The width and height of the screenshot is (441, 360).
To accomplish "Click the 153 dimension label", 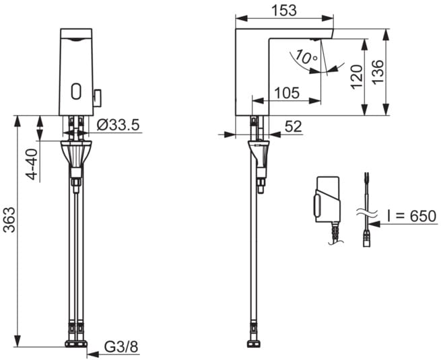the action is click(x=284, y=10).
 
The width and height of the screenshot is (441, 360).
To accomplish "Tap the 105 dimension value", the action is click(x=287, y=93).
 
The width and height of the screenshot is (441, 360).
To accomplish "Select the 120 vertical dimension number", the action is click(x=357, y=77).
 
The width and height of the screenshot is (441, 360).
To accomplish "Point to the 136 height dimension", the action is click(x=378, y=71).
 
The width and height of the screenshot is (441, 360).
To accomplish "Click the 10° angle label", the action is click(x=306, y=57).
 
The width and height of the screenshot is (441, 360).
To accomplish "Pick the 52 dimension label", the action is click(x=294, y=127).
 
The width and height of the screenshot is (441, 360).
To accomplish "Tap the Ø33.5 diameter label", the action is click(x=118, y=124).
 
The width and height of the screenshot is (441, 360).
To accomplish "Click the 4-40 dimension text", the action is click(x=32, y=164).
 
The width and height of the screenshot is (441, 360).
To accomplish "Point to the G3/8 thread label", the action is click(x=121, y=347).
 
